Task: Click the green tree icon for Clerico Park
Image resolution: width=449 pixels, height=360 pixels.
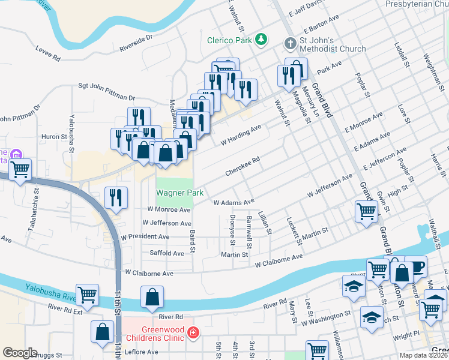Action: (261, 40)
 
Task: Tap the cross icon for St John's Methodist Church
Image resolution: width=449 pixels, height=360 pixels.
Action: (290, 43)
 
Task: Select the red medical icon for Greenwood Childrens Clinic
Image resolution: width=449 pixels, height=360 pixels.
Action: (193, 332)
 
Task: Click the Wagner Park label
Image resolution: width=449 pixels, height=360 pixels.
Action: (180, 193)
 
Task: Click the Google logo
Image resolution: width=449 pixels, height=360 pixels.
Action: (20, 352)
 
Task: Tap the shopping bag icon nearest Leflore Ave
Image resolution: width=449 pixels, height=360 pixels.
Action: (103, 331)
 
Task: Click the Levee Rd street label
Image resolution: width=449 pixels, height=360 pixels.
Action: (48, 54)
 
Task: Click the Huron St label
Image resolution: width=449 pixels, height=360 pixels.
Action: (54, 137)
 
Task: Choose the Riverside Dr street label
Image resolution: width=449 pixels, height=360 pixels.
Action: (136, 41)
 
